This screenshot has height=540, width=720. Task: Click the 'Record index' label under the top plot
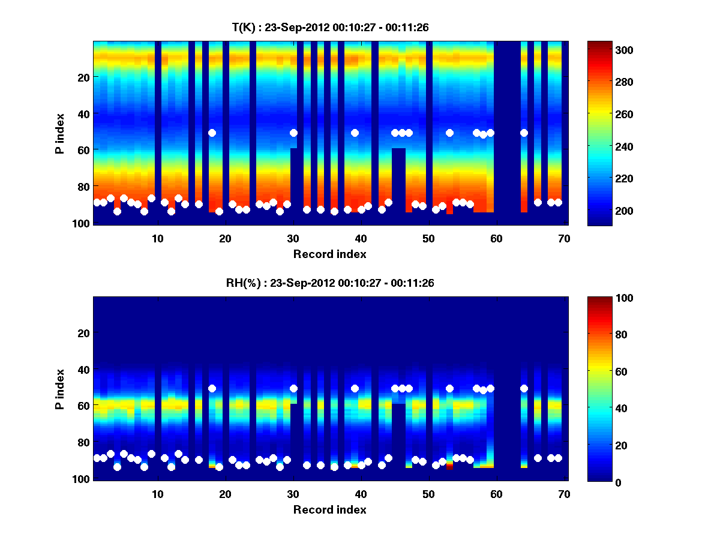coord(329,254)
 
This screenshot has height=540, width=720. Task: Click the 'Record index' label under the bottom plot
coord(329,509)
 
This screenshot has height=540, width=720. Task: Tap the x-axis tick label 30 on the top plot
coord(293,238)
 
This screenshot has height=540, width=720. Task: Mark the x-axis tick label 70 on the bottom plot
coord(563,494)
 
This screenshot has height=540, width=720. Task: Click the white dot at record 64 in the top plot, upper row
coord(524,133)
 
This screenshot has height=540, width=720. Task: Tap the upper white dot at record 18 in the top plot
coord(212,133)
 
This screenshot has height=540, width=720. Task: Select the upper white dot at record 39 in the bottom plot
coord(355,388)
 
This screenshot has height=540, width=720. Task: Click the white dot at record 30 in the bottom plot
coord(293,388)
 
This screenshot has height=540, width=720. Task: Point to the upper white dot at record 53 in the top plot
coord(449,133)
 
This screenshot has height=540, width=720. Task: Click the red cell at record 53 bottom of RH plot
coord(449,467)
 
